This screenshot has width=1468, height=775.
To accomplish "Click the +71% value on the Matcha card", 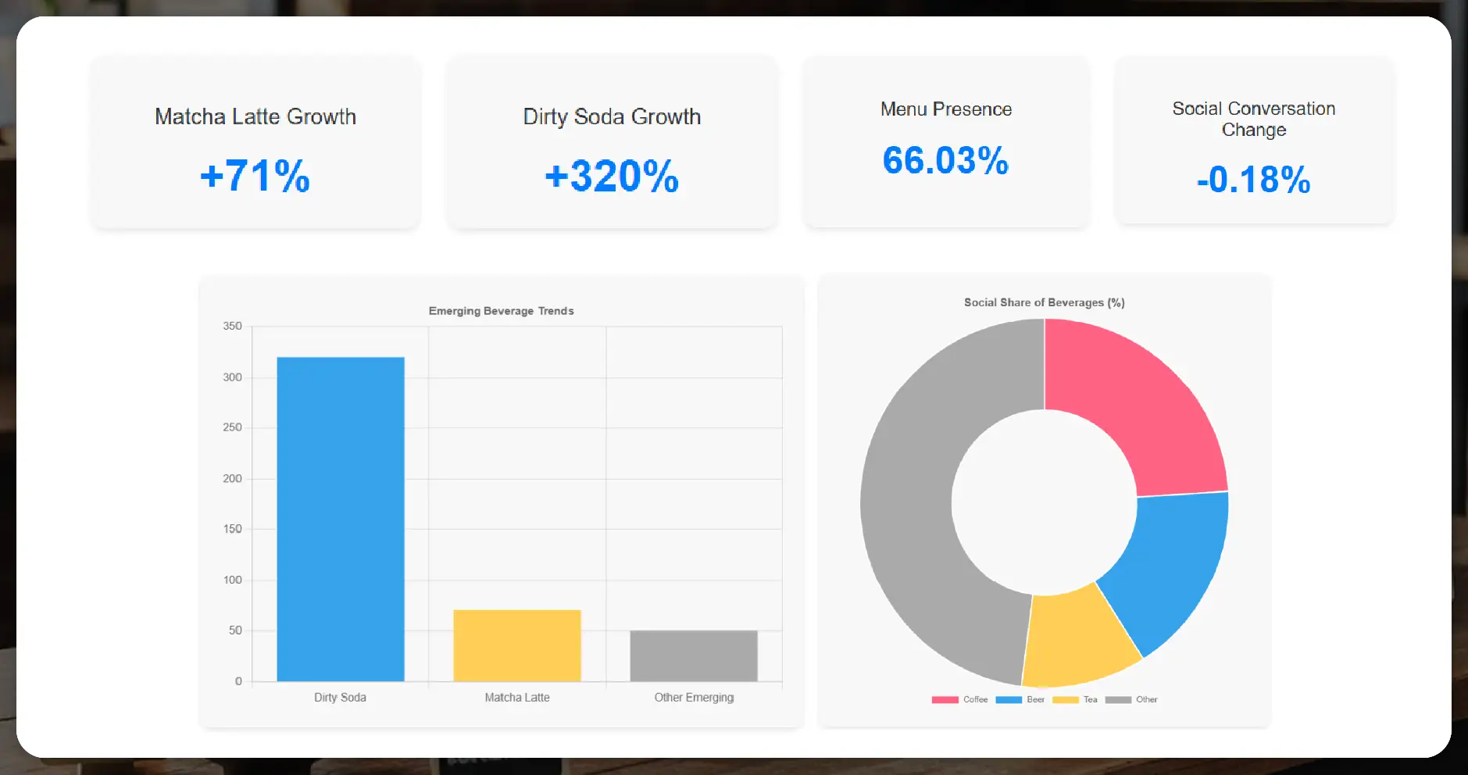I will click(255, 176).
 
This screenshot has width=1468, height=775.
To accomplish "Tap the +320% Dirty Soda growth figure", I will click(612, 176).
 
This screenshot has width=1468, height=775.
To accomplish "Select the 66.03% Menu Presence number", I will click(945, 161).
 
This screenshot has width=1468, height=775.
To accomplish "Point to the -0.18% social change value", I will click(1253, 180).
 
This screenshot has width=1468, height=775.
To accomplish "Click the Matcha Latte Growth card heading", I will click(255, 116).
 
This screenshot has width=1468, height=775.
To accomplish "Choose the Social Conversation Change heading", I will click(1253, 119).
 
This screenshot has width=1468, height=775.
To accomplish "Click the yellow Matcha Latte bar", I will click(517, 645).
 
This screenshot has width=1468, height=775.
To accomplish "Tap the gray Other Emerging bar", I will click(694, 655).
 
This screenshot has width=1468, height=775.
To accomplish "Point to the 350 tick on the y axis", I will click(232, 326).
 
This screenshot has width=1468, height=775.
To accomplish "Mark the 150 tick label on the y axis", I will click(232, 529).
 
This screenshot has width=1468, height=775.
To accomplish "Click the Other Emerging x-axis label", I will click(694, 698).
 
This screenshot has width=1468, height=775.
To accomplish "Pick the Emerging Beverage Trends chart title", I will click(501, 311).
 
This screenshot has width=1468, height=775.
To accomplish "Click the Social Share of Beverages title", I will click(1044, 302).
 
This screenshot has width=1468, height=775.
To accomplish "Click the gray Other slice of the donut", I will click(914, 500).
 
